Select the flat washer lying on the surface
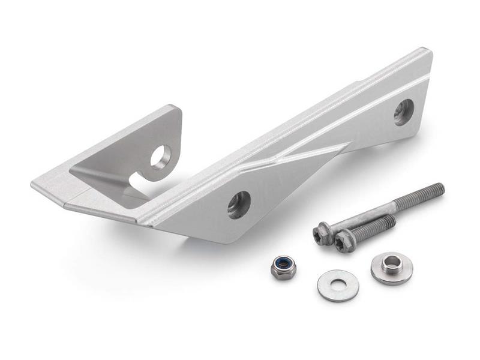[x=338, y=285]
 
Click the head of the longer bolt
[x=323, y=232]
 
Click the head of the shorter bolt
[x=344, y=242]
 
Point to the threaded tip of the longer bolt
[x=438, y=188]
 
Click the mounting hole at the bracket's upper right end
[x=403, y=112]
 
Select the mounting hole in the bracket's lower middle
[x=239, y=205]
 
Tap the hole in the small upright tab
[x=161, y=157]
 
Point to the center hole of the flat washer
[x=338, y=283]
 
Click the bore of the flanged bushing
[x=391, y=262]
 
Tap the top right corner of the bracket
[x=428, y=52]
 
